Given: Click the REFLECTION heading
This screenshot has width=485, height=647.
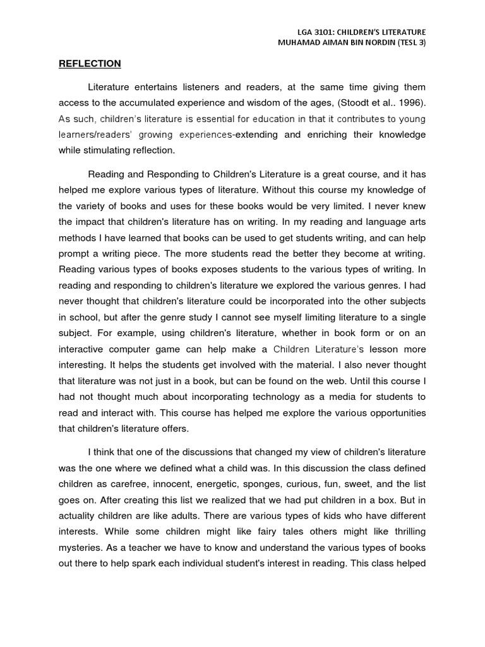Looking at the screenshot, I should [90, 64].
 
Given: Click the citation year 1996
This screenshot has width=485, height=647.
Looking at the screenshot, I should [411, 103].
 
